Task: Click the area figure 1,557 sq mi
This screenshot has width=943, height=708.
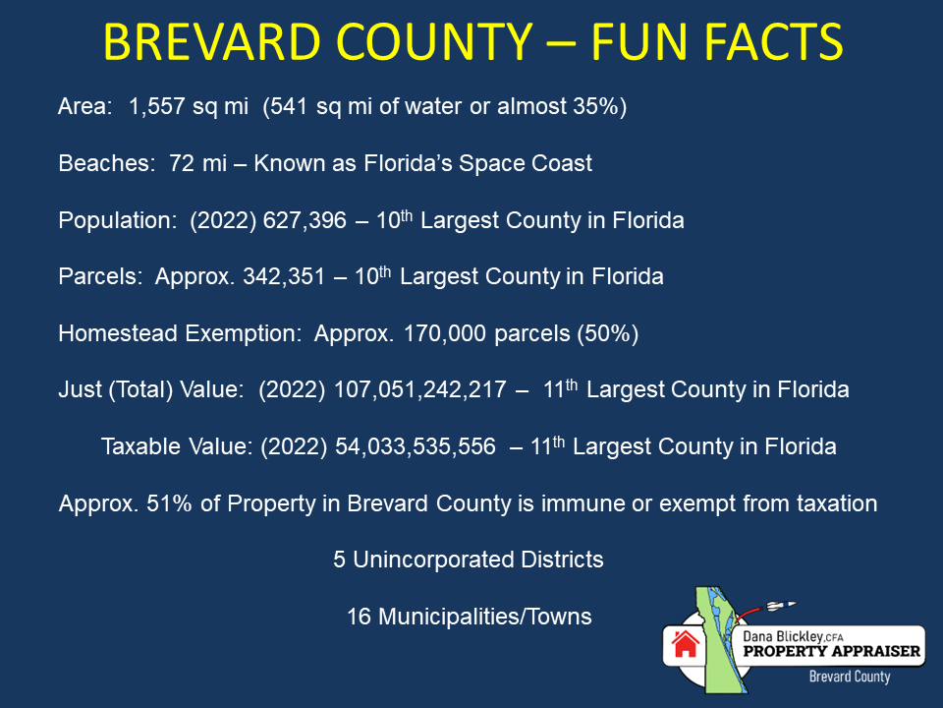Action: pos(189,107)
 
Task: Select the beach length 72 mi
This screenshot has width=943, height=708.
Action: pos(198,163)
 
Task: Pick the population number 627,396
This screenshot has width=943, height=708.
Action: pos(305,221)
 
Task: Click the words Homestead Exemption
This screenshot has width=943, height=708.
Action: pos(179,334)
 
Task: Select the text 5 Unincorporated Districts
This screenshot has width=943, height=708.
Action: pos(468,560)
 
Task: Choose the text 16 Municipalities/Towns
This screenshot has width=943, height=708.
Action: pos(469,618)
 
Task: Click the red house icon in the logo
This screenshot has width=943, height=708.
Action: pos(685,644)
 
